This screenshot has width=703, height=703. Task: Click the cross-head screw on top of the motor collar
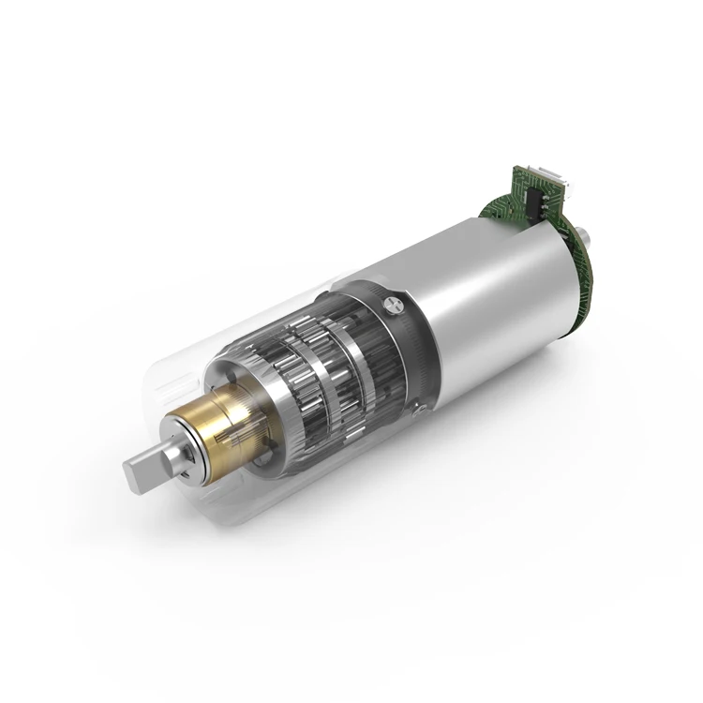(x=391, y=302)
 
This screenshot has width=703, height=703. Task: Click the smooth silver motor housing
(x=487, y=300)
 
